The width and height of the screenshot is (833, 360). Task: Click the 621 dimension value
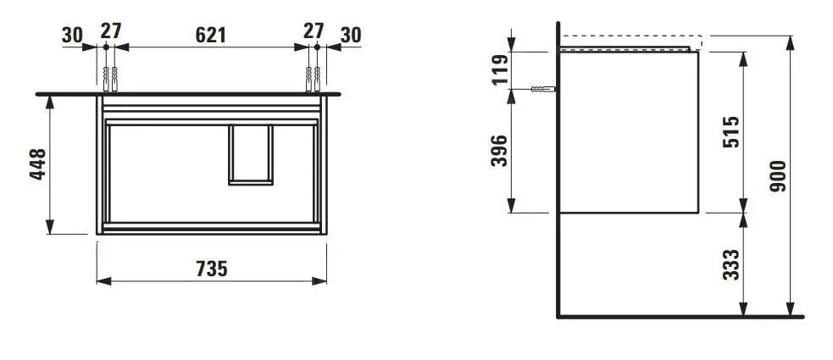[x=211, y=35]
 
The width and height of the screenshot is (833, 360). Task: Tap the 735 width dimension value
[x=211, y=269]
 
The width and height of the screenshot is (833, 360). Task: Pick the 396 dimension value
[x=500, y=150]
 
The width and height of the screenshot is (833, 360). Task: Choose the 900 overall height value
[x=780, y=175]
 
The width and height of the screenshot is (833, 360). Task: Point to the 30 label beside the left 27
[x=73, y=35]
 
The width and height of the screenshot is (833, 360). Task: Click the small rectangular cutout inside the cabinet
[x=251, y=153]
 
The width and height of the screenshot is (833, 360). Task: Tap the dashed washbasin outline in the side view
[x=631, y=39]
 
